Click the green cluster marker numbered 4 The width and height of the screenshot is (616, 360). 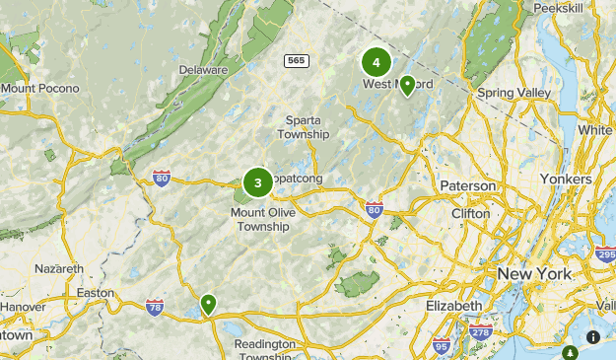pos(376,62)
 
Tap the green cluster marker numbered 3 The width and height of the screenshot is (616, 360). pos(257,181)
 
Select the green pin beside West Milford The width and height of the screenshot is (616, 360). pos(407,85)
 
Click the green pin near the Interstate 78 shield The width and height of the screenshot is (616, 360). pos(208,304)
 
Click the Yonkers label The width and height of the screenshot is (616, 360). pos(566,180)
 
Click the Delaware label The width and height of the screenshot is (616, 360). pos(204,71)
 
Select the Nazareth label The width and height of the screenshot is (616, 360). pos(59,268)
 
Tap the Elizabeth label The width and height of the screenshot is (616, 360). pos(454,306)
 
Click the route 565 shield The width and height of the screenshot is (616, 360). pos(296,61)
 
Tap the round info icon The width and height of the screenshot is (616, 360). pos(593,337)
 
